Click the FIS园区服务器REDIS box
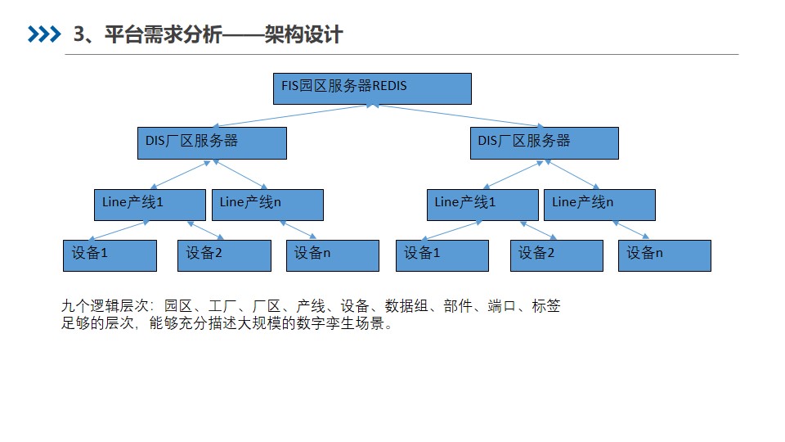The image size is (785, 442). click(x=372, y=88)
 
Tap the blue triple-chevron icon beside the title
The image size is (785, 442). click(x=44, y=34)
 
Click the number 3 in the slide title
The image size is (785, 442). click(x=79, y=34)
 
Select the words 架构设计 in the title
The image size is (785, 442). click(x=304, y=34)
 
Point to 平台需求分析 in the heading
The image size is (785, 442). click(x=164, y=34)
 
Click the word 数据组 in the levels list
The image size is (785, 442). click(x=406, y=305)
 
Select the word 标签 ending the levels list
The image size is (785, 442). click(x=546, y=305)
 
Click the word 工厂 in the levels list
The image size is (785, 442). click(x=222, y=305)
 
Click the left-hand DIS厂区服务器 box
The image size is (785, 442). click(x=213, y=143)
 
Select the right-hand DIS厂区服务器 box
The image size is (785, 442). click(x=545, y=143)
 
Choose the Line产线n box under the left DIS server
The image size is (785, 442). click(x=268, y=205)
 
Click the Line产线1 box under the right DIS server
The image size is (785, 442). click(x=482, y=205)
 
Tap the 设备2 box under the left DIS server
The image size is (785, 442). click(x=224, y=255)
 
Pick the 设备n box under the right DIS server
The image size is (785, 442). click(x=665, y=255)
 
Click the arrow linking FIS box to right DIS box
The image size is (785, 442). click(x=458, y=115)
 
